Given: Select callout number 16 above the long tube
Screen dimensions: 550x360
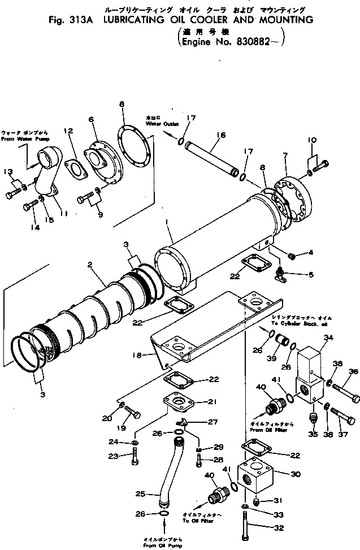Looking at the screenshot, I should click(x=220, y=135).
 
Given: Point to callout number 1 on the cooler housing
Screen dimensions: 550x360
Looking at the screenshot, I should click(x=167, y=222).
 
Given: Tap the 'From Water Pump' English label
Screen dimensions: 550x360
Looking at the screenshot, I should click(x=25, y=138).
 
